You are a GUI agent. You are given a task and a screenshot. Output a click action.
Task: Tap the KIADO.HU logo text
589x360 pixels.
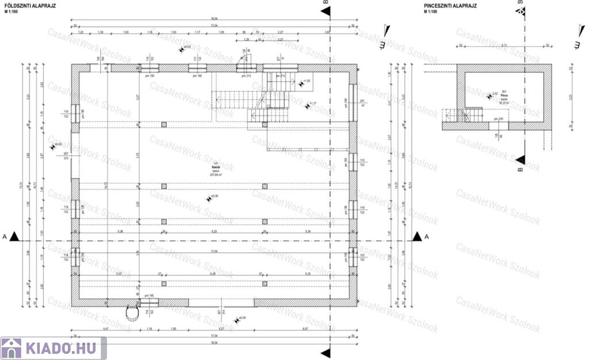coord(60,348)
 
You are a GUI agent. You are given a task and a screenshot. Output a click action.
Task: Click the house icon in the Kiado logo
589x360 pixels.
coord(12,348)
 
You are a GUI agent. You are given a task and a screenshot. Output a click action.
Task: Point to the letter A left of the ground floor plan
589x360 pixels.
coord(5,236)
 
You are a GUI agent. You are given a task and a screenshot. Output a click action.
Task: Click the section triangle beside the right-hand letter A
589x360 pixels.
coord(418,236)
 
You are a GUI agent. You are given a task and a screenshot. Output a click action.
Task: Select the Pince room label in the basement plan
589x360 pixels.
coord(503,95)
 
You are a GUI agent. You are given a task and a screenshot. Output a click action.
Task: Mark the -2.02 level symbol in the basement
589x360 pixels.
coord(493,94)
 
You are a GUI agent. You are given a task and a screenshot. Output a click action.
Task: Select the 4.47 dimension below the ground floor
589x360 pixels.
coord(106,328)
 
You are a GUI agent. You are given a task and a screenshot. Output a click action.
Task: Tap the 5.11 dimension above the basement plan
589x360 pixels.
coord(504,45)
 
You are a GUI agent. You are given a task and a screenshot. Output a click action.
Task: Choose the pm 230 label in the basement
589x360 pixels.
coord(498,119)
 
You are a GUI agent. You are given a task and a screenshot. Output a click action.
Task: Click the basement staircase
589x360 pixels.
coord(473,114)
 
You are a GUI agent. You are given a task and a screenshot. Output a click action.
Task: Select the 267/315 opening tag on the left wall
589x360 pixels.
coord(66,156)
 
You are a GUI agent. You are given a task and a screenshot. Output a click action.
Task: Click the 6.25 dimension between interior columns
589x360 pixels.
coord(214,231)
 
